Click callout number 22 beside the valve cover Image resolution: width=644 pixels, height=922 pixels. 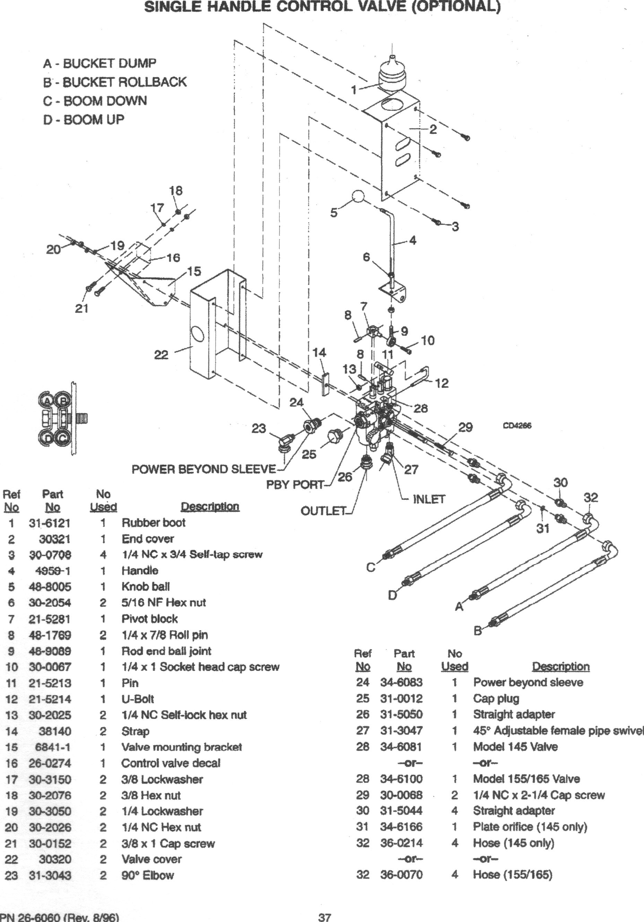(x=162, y=355)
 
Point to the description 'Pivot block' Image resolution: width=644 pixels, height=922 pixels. (x=149, y=619)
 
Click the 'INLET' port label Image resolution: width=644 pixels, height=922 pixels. (x=429, y=499)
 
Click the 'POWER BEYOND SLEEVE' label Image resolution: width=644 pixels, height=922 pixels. (x=203, y=469)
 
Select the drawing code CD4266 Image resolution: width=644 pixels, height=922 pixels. (x=517, y=426)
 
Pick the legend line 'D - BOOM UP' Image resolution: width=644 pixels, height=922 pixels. (x=84, y=119)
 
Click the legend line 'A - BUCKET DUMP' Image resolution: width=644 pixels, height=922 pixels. (x=99, y=63)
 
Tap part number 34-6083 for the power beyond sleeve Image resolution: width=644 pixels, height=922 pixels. (x=401, y=682)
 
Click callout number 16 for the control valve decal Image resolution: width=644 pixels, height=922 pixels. (x=173, y=258)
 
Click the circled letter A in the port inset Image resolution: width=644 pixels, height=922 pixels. (x=48, y=400)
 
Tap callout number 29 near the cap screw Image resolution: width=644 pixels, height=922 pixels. (x=465, y=427)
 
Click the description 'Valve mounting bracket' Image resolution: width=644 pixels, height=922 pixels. (x=182, y=747)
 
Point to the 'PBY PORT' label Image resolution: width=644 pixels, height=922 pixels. (x=295, y=485)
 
